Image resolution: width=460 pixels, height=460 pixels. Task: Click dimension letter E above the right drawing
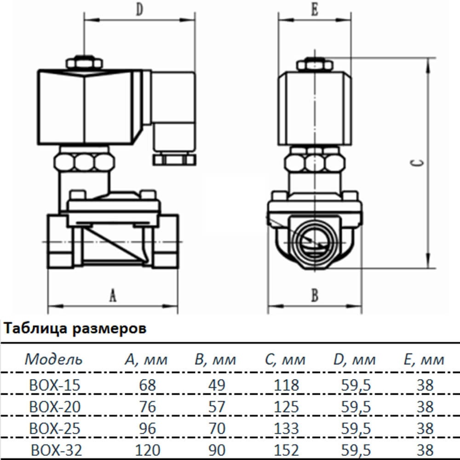315,11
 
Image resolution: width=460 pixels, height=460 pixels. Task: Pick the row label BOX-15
54,385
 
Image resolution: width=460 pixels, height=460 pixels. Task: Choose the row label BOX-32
56,449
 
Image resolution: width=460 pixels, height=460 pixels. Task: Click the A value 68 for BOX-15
147,385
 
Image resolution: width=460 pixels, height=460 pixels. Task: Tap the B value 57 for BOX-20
216,407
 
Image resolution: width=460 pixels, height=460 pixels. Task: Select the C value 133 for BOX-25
285,428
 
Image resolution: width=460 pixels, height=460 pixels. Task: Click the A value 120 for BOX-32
147,449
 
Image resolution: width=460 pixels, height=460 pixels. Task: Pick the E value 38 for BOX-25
425,428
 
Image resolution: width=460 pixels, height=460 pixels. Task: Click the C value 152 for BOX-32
285,449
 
